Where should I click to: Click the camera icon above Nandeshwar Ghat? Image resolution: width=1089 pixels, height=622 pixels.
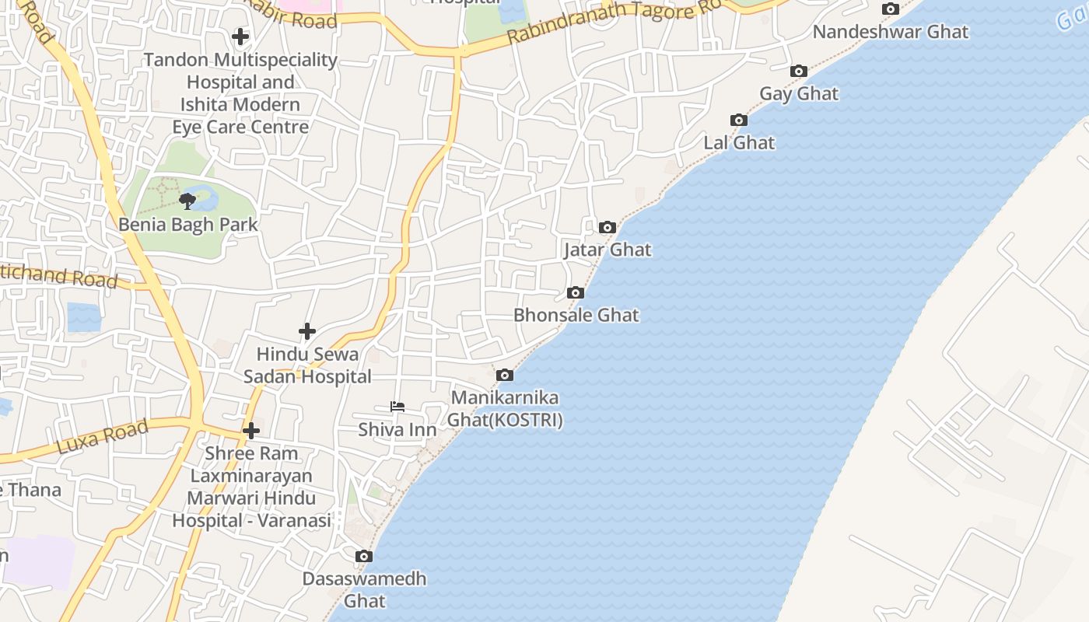891,9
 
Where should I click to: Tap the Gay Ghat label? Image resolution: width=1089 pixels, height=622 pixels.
799,94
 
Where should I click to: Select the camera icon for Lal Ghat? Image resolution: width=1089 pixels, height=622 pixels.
739,121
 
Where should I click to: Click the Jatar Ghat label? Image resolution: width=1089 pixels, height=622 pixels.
608,250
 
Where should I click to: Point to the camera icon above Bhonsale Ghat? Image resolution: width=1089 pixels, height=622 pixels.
576,293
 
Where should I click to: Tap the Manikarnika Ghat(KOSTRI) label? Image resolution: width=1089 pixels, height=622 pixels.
505,409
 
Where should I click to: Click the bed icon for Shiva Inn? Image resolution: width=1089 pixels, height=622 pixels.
397,407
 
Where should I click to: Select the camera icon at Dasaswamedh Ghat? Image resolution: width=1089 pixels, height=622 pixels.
364,557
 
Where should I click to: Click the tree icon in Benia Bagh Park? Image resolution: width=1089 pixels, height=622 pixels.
187,201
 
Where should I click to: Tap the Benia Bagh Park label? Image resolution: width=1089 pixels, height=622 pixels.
188,225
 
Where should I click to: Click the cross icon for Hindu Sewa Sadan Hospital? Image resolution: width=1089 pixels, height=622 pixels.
307,332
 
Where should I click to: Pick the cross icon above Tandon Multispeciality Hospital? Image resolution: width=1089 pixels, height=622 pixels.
240,37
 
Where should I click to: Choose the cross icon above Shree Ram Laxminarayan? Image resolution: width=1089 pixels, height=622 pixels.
250,431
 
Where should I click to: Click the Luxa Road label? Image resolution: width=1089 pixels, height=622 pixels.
103,437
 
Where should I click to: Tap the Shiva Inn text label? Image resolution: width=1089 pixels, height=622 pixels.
397,430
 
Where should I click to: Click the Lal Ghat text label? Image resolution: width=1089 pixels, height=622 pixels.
739,143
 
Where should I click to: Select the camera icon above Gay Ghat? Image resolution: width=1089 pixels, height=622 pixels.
798,72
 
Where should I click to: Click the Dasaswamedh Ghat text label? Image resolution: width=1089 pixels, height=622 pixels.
364,589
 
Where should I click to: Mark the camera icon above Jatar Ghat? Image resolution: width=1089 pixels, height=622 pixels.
608,228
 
